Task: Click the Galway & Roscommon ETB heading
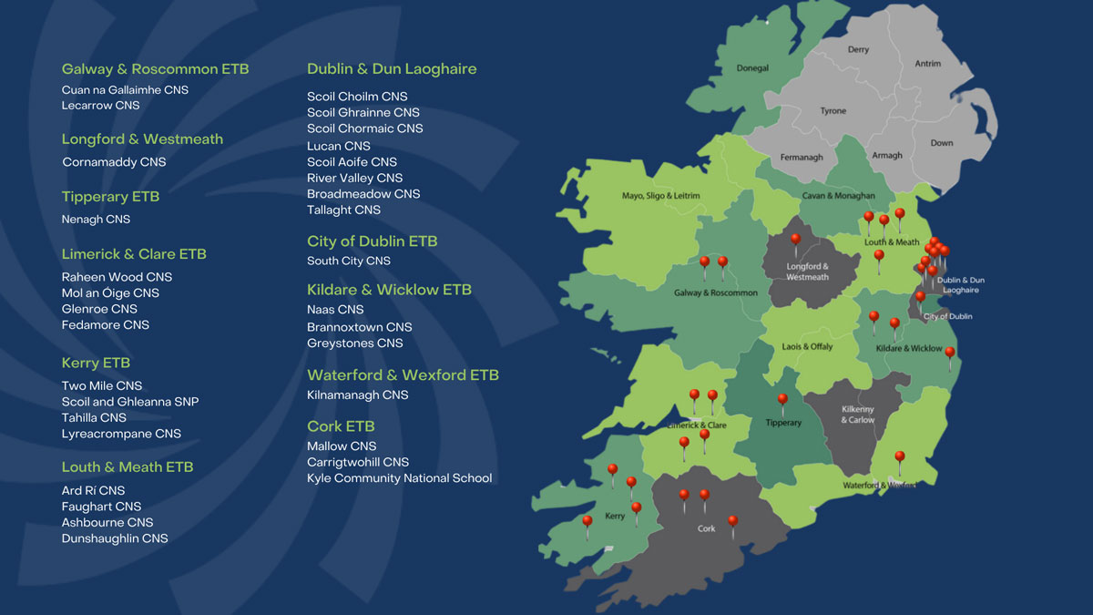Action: click(155, 69)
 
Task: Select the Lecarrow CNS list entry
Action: click(100, 106)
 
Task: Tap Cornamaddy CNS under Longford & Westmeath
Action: click(114, 162)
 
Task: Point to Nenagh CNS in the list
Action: click(96, 220)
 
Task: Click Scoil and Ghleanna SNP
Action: click(130, 402)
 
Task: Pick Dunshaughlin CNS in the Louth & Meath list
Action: click(115, 538)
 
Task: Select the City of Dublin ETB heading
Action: click(372, 241)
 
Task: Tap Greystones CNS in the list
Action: click(354, 343)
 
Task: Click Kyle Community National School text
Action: click(399, 478)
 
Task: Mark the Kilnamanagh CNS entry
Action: click(357, 395)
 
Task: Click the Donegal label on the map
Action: click(752, 68)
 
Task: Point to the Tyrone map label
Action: click(833, 111)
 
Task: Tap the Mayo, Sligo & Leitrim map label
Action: click(660, 196)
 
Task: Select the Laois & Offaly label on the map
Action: click(807, 347)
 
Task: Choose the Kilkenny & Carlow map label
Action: click(857, 415)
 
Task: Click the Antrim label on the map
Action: click(927, 64)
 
